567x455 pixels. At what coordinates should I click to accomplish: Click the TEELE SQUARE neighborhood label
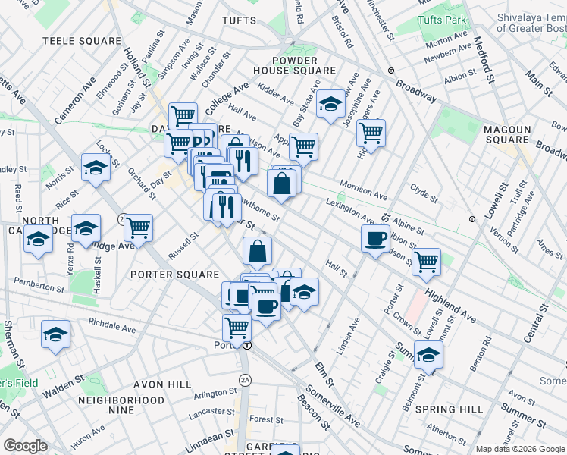click(x=82, y=41)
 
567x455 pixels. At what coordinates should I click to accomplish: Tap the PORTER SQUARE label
click(x=174, y=274)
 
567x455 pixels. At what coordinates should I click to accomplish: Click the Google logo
click(x=26, y=445)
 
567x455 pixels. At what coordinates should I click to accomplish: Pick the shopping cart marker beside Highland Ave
click(x=427, y=262)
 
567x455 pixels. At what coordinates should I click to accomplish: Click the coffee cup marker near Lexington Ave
click(x=375, y=240)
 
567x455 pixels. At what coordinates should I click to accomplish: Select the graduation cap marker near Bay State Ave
click(x=330, y=105)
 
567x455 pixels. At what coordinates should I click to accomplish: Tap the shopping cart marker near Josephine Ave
click(x=371, y=133)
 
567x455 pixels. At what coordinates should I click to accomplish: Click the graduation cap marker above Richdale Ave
click(x=55, y=334)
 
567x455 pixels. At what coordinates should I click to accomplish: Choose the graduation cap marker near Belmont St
click(x=428, y=355)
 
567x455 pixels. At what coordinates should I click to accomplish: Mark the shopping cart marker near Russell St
click(x=138, y=227)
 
